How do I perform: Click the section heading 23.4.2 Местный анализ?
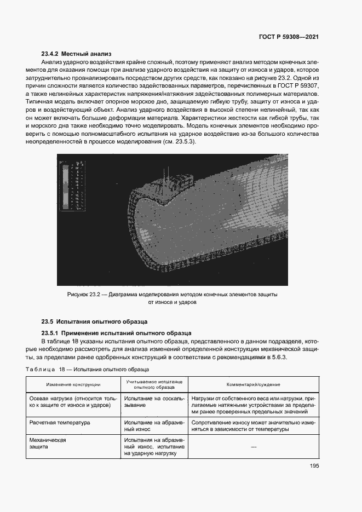(76, 54)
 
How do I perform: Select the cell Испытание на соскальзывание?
(150, 402)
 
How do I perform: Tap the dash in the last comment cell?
(254, 447)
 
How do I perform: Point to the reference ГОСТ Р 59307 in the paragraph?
(295, 87)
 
